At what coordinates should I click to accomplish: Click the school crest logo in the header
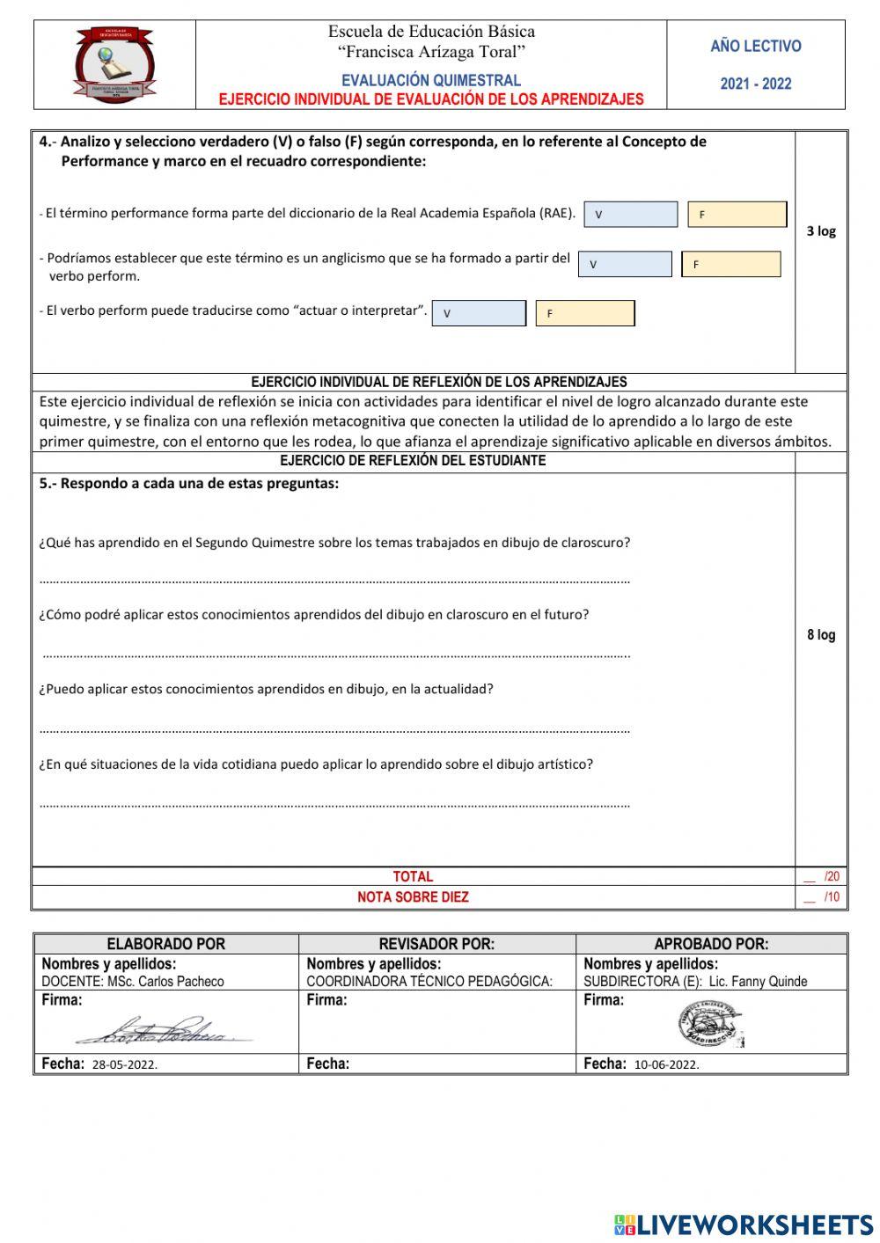tap(114, 65)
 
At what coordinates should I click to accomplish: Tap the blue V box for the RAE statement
tap(630, 215)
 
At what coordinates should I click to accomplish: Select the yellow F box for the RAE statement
tap(737, 215)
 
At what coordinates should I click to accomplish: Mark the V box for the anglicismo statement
tap(625, 265)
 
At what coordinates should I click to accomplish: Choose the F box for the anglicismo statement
tap(730, 265)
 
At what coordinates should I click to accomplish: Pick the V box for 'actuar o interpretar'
tap(479, 314)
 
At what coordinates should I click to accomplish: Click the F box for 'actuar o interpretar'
tap(585, 314)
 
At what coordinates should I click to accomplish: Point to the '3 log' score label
tap(821, 231)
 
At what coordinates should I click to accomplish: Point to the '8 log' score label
tap(821, 635)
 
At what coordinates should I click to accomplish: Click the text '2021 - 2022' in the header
tap(756, 84)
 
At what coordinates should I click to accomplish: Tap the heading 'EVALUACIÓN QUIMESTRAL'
tap(431, 80)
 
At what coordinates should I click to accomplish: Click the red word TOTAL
tap(413, 877)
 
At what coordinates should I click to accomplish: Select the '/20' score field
tap(822, 877)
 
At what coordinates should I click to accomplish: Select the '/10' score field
tap(822, 898)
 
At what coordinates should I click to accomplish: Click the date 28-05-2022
tap(124, 1064)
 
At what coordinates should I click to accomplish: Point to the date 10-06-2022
tap(666, 1064)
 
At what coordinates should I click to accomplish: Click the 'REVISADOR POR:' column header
tap(436, 944)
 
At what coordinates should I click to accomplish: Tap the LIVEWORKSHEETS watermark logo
tap(744, 1225)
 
